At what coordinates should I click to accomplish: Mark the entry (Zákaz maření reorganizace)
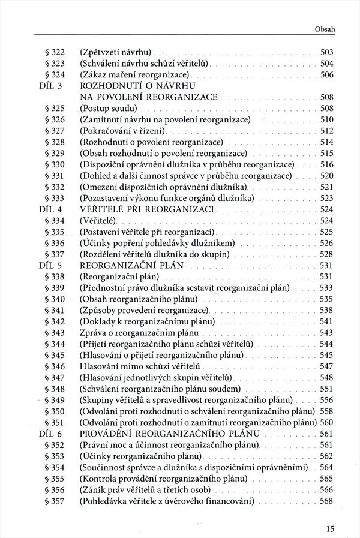click(134, 74)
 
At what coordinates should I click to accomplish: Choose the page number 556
click(327, 400)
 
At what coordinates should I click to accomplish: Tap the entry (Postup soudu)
click(109, 108)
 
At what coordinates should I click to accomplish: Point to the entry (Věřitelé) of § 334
click(98, 221)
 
